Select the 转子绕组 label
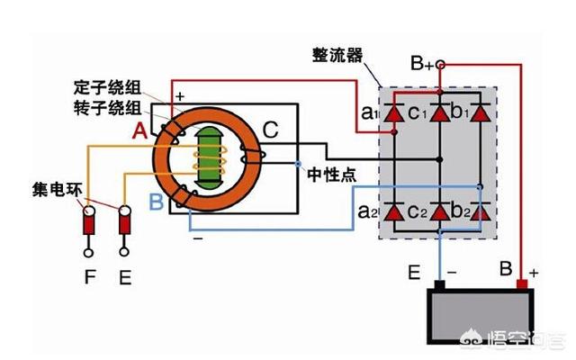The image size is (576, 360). (x=105, y=108)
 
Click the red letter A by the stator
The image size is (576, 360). (x=139, y=132)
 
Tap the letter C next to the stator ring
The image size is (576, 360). (x=271, y=130)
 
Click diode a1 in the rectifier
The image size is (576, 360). (x=393, y=114)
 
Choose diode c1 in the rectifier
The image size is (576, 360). (x=439, y=114)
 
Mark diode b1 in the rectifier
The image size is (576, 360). (x=481, y=114)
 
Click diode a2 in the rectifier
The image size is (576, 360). (x=393, y=213)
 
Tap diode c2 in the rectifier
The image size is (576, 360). (x=439, y=213)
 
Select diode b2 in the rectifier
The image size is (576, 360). (x=481, y=213)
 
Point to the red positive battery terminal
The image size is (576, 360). (x=521, y=286)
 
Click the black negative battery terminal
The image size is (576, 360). (x=439, y=286)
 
